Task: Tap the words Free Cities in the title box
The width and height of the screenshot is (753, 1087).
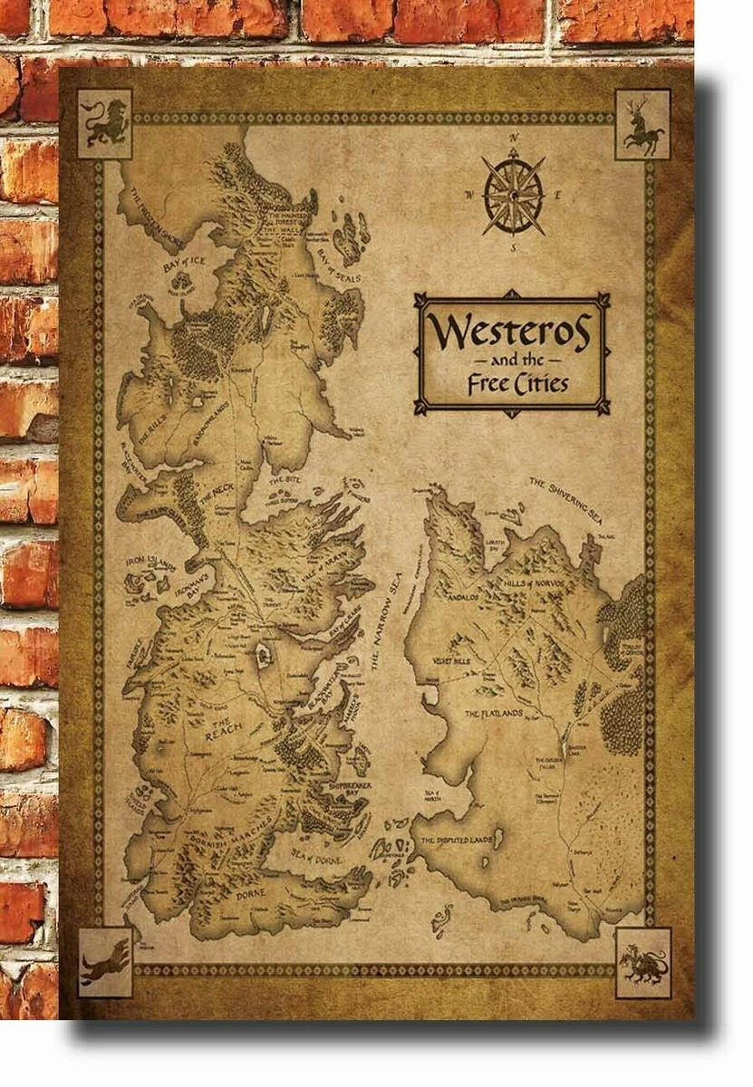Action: (x=517, y=383)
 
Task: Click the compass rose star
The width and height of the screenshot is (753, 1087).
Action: (x=514, y=193)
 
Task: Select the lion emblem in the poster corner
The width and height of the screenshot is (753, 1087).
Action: (x=105, y=123)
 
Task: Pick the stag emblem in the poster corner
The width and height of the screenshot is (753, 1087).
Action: (x=643, y=123)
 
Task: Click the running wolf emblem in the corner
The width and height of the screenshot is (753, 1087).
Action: (x=105, y=962)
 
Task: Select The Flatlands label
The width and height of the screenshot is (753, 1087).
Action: (x=494, y=714)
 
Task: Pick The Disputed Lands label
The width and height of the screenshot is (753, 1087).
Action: (x=457, y=842)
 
